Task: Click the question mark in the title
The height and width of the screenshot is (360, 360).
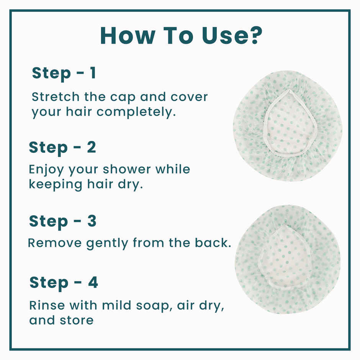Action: pos(254,35)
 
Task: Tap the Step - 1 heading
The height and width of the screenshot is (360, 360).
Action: pos(64,73)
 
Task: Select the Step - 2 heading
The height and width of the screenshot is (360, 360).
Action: pos(62,147)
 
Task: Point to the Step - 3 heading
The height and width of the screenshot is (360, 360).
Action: pos(63,221)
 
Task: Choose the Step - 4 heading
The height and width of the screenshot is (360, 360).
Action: pos(64,282)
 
